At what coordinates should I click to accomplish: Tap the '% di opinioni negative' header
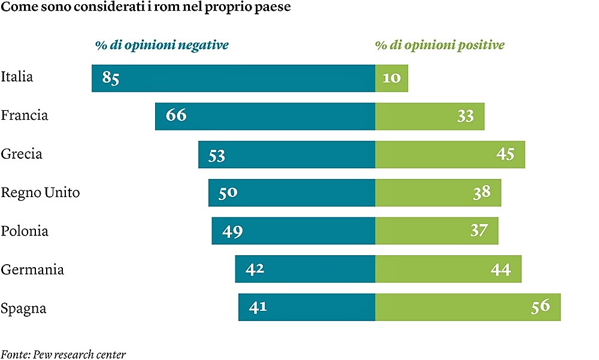(162, 46)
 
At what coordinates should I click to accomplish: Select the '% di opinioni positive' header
(439, 46)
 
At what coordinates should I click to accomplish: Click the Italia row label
(17, 77)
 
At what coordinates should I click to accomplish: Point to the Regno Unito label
(40, 193)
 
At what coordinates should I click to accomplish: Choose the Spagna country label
(23, 309)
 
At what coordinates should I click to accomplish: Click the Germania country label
(32, 270)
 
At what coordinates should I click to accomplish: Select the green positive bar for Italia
(392, 78)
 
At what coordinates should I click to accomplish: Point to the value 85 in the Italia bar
(111, 78)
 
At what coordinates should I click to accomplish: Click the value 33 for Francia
(465, 116)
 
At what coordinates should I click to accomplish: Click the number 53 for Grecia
(216, 156)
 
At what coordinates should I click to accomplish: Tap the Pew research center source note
(63, 354)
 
